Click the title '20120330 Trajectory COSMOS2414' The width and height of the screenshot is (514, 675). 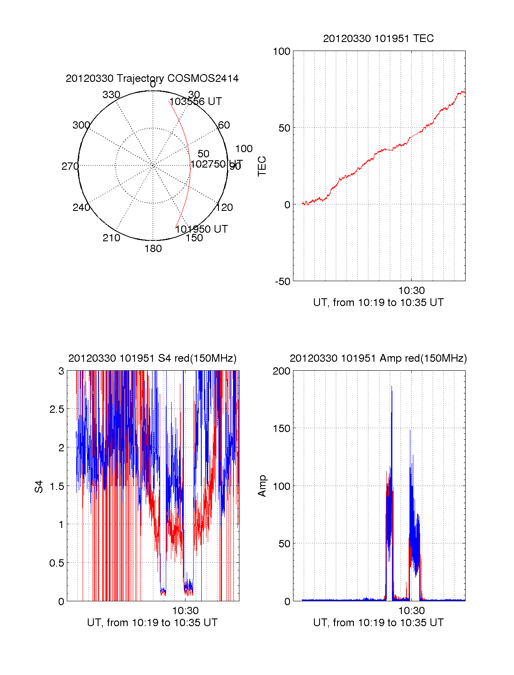(x=152, y=78)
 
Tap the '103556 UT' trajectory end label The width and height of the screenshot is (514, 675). (x=196, y=102)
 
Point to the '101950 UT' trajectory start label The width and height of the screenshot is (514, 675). (x=201, y=229)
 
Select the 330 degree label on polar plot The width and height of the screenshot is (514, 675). (x=111, y=95)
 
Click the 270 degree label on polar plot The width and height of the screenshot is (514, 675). (x=70, y=166)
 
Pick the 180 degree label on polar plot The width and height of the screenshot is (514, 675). (x=153, y=249)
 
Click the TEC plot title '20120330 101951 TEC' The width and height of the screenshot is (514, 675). (x=378, y=39)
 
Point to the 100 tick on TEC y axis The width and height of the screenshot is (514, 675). (x=281, y=51)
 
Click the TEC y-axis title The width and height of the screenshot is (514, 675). (x=262, y=166)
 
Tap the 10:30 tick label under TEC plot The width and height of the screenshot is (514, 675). (x=411, y=291)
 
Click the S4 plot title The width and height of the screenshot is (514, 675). (x=152, y=358)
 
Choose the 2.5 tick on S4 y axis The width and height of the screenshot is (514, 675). (x=57, y=409)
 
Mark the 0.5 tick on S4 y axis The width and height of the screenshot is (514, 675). (x=57, y=563)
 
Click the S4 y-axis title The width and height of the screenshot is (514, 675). (x=39, y=486)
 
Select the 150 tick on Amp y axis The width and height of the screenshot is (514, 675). (x=281, y=429)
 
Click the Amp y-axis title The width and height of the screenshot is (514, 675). (x=262, y=486)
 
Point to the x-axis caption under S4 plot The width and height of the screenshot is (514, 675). (x=152, y=623)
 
